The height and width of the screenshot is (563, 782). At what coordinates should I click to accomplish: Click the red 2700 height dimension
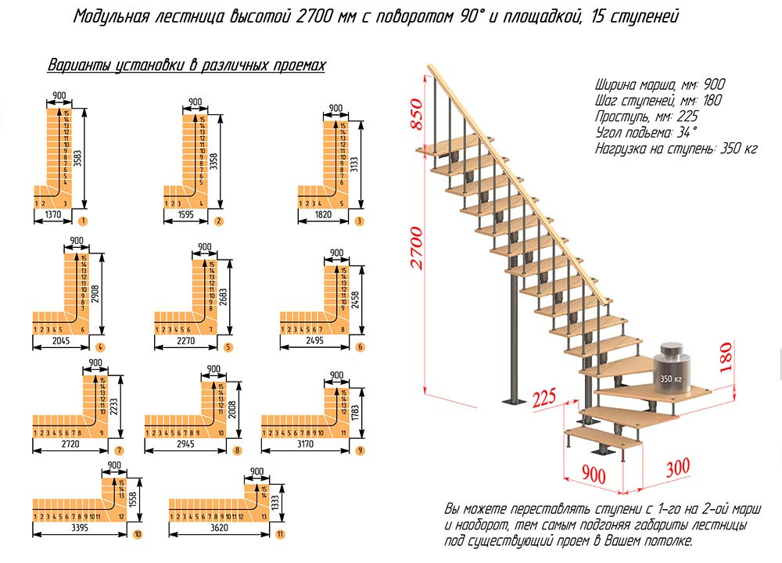click(x=417, y=247)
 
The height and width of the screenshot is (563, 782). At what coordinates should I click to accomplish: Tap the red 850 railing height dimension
click(x=417, y=115)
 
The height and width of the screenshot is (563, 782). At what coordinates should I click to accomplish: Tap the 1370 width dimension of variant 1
click(x=53, y=213)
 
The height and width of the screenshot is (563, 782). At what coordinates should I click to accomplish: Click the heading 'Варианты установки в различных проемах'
click(x=186, y=66)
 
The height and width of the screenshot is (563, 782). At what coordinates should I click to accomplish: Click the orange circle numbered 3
click(x=358, y=221)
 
